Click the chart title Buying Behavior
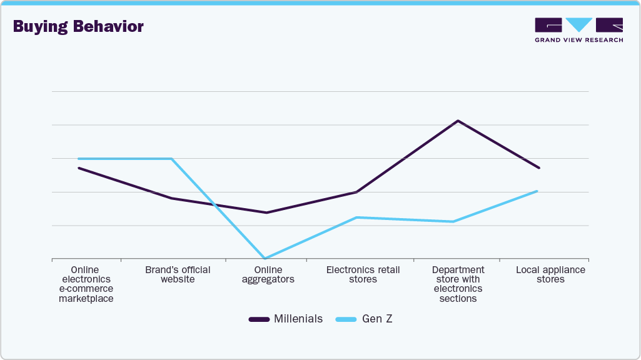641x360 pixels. pyautogui.click(x=78, y=26)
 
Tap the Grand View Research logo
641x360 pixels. pyautogui.click(x=578, y=30)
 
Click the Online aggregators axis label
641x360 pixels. pyautogui.click(x=268, y=275)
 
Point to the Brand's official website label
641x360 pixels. pyautogui.click(x=178, y=275)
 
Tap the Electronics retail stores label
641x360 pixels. pyautogui.click(x=363, y=275)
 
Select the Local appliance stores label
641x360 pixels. pyautogui.click(x=550, y=275)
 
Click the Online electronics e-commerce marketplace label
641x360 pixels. pyautogui.click(x=86, y=284)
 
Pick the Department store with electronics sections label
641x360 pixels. pyautogui.click(x=458, y=284)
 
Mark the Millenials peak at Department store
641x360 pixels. pyautogui.click(x=458, y=121)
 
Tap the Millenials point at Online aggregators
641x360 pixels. pyautogui.click(x=266, y=212)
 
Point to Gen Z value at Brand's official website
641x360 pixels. pyautogui.click(x=172, y=159)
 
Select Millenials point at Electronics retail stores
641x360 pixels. pyautogui.click(x=356, y=192)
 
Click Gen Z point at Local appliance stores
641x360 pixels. pyautogui.click(x=537, y=191)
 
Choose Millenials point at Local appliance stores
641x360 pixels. pyautogui.click(x=538, y=167)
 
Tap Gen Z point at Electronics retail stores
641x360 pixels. pyautogui.click(x=356, y=217)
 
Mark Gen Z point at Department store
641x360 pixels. pyautogui.click(x=453, y=221)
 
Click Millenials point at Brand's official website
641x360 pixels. pyautogui.click(x=172, y=198)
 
